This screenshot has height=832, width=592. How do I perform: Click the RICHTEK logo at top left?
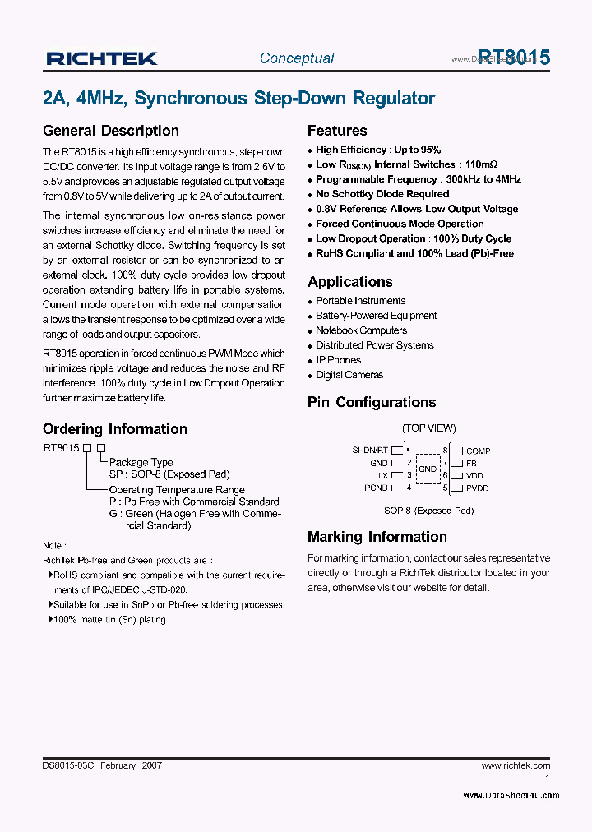[x=102, y=58]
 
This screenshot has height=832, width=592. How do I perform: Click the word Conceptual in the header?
[x=297, y=58]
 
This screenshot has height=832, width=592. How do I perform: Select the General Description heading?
[x=111, y=131]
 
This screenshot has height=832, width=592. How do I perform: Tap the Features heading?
[x=337, y=131]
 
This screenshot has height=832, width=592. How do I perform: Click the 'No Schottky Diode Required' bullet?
[x=382, y=194]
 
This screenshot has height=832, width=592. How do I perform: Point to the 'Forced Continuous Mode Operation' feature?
[x=400, y=224]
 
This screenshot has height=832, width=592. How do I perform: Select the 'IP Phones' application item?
[x=338, y=360]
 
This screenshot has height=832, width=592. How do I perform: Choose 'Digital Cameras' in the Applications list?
[x=349, y=375]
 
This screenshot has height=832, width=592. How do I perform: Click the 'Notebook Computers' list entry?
[x=361, y=330]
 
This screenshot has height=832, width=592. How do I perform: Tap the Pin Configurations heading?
[x=372, y=402]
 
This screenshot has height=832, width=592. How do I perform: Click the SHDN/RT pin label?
[x=370, y=451]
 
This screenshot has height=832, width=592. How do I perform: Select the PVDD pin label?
[x=477, y=488]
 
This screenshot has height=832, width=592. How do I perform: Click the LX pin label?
[x=383, y=475]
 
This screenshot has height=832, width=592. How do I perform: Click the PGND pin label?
[x=377, y=488]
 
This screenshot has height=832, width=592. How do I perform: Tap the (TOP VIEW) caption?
[x=428, y=428]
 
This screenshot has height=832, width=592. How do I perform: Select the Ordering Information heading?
[x=115, y=429]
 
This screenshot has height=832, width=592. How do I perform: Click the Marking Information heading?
[x=377, y=537]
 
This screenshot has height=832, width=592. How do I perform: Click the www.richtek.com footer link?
[x=516, y=765]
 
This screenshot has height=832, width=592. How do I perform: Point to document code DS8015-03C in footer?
[x=69, y=765]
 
